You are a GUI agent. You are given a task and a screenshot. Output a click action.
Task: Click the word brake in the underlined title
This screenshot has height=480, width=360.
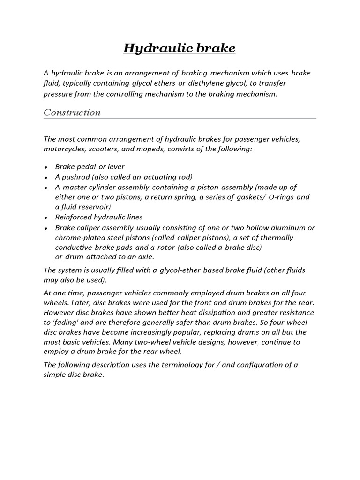pos(215,48)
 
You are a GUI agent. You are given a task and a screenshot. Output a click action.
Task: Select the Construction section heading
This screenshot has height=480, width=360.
pos(72,112)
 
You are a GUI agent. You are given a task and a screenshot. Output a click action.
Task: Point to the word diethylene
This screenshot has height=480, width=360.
pos(214,83)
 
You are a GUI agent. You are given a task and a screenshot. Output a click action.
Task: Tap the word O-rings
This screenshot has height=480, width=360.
pos(281,197)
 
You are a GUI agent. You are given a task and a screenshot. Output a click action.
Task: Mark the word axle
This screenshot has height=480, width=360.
pos(145,257)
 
